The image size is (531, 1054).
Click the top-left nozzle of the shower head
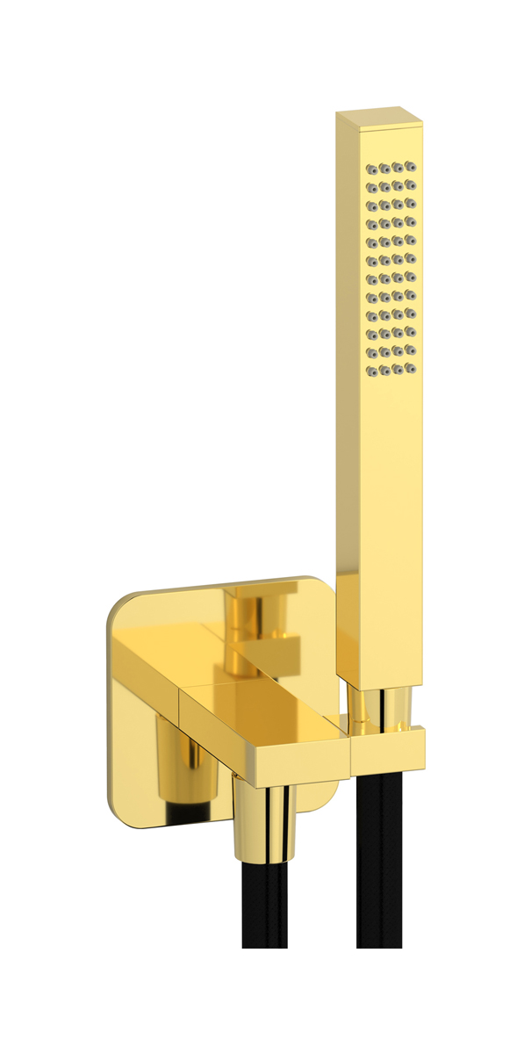coord(370,168)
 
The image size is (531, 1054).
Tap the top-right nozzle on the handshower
coord(411,166)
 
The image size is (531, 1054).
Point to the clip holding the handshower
coord(388,747)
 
